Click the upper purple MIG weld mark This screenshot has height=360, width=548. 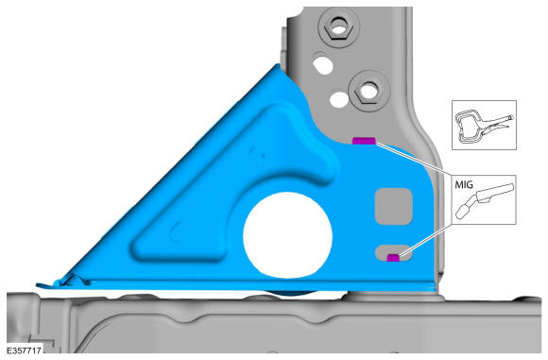click(364, 141)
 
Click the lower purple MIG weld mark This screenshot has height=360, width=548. click(394, 258)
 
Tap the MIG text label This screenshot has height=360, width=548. click(464, 184)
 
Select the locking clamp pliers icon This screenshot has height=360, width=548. click(484, 126)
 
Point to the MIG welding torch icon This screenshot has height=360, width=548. click(485, 201)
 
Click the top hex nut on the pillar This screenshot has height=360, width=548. click(337, 26)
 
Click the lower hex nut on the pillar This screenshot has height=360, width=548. click(368, 92)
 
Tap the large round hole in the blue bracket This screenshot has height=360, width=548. click(287, 235)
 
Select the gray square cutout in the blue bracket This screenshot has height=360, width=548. click(394, 206)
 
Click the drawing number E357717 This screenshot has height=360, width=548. click(25, 351)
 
